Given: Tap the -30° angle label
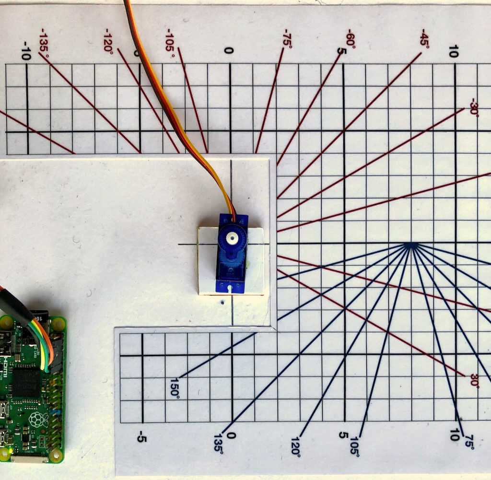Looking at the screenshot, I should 475,106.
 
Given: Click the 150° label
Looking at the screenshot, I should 174,386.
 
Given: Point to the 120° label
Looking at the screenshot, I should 295,446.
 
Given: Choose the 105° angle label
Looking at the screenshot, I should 355,446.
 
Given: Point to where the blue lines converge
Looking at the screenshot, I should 410,245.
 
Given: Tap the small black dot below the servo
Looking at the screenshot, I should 223,303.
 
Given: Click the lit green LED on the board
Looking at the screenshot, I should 10,451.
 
